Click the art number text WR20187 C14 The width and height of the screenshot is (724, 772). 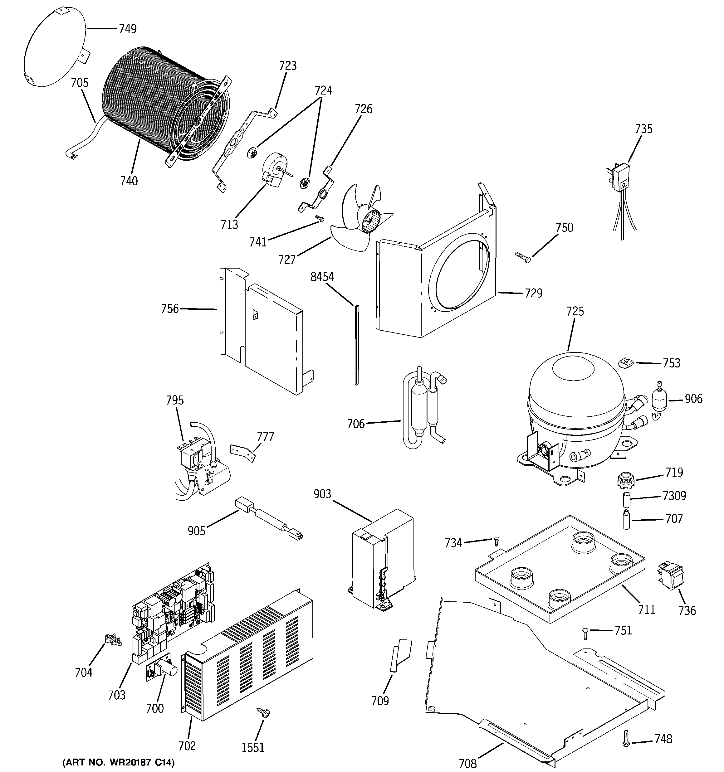pos(119,762)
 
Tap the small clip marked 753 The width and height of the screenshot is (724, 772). pos(626,363)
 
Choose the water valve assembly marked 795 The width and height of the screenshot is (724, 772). pos(200,460)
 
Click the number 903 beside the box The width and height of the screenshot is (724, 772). pos(322,494)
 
